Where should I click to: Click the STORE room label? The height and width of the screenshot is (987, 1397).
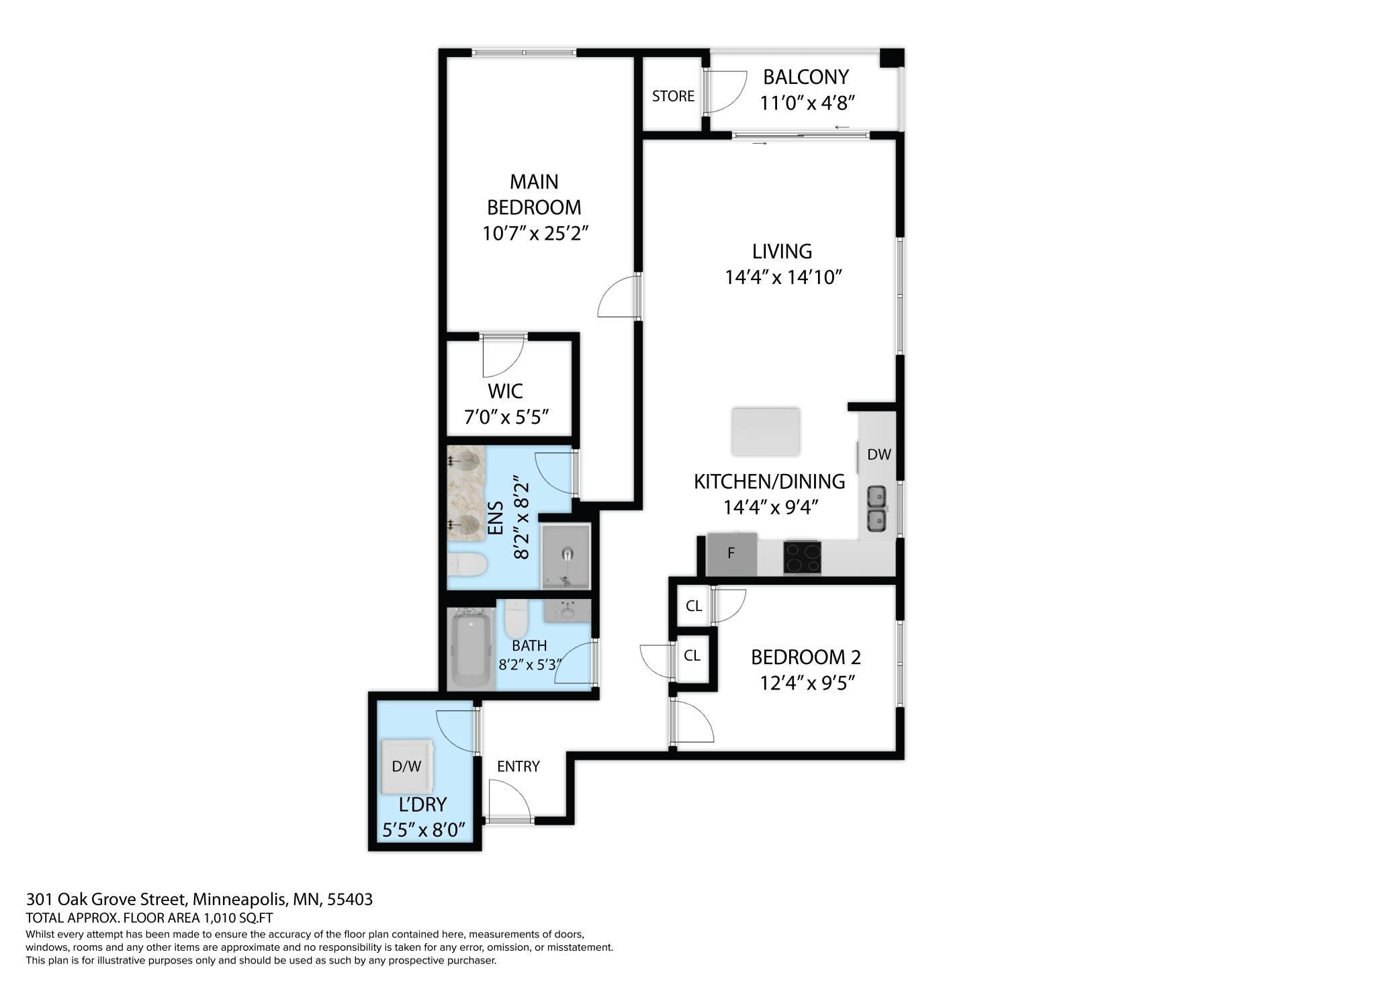673,96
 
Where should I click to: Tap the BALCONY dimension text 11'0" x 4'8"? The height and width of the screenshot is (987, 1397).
806,103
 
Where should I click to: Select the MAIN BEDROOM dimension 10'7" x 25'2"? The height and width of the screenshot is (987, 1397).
535,234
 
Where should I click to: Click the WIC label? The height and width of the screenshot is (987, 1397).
505,391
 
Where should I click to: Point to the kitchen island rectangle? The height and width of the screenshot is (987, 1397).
766,431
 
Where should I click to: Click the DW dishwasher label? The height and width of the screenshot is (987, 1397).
878,455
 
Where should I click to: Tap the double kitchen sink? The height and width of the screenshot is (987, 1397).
876,508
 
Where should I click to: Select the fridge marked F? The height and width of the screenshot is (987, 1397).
731,554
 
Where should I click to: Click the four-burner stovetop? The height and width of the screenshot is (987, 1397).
802,557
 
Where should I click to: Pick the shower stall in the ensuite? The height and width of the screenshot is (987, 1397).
566,555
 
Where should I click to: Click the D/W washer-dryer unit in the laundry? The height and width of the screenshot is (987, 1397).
407,766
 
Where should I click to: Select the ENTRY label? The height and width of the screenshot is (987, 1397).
518,766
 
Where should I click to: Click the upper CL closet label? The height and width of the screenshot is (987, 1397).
694,606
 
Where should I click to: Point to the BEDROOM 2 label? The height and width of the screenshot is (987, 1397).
805,657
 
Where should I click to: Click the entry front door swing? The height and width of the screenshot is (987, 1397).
509,800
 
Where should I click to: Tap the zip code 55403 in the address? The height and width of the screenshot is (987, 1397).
350,899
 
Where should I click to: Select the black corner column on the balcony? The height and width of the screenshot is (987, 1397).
892,58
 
